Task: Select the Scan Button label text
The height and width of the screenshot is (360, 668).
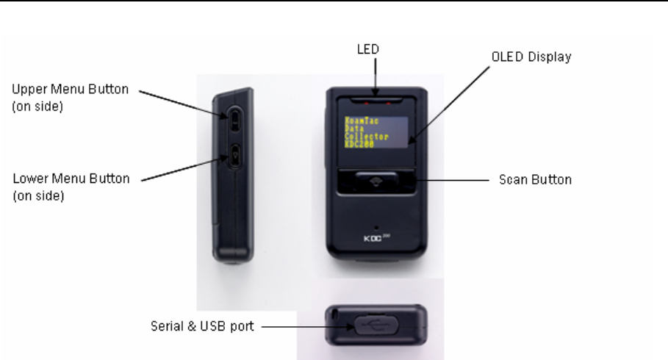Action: (x=531, y=179)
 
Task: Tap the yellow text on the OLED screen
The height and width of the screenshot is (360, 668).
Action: (x=365, y=132)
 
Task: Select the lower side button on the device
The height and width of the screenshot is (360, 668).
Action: (x=234, y=154)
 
